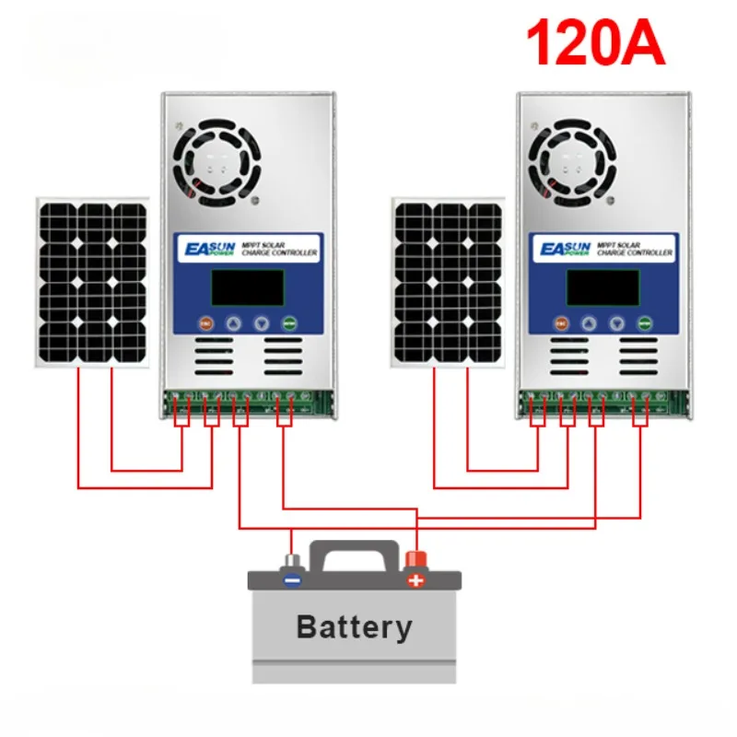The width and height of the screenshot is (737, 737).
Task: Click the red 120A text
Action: coord(595,43)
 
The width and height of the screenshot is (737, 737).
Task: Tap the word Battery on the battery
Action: coord(354,627)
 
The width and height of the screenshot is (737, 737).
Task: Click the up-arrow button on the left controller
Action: coord(234,324)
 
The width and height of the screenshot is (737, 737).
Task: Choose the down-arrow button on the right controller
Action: coord(617,324)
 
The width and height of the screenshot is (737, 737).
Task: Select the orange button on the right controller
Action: coord(561,324)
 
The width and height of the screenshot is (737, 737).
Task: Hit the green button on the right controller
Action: coord(645,324)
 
